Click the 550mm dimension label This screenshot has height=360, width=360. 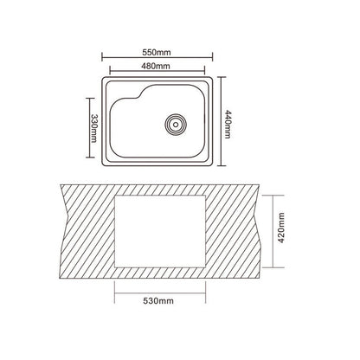[157, 52]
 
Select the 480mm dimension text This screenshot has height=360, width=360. [156, 66]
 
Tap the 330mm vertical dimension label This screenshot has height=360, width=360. [93, 128]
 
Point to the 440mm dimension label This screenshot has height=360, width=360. [228, 124]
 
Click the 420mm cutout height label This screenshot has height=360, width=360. [281, 228]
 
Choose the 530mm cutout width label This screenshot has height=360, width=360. [158, 301]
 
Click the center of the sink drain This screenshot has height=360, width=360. [176, 125]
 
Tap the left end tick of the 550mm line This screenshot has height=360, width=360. [102, 56]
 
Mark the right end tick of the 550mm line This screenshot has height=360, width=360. [212, 56]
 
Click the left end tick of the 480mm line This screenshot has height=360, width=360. [110, 70]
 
